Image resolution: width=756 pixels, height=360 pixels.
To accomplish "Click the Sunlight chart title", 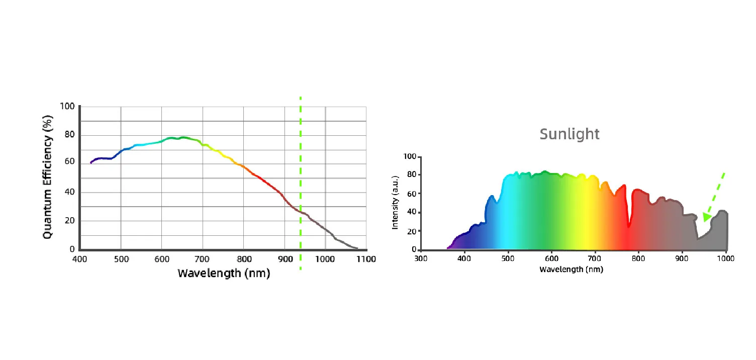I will [x=570, y=134].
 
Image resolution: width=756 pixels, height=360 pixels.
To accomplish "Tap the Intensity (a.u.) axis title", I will [x=395, y=203].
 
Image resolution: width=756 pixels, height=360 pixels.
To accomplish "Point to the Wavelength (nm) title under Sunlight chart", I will [x=571, y=269].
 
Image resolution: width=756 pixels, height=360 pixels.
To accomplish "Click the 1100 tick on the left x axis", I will [x=366, y=259].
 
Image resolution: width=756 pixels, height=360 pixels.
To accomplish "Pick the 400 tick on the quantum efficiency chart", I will [x=80, y=259].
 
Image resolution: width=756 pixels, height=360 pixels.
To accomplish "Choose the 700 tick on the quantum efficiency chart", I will [x=202, y=259].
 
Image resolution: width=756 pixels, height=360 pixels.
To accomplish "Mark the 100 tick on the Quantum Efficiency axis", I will [x=67, y=107].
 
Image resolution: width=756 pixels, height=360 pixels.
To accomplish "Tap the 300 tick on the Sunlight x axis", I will [x=421, y=258].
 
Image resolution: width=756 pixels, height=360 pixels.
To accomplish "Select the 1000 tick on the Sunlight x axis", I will [x=725, y=258].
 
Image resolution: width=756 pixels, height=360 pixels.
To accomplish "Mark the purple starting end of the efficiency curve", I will [x=91, y=162].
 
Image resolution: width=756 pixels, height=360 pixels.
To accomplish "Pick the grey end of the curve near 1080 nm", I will [x=356, y=248].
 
